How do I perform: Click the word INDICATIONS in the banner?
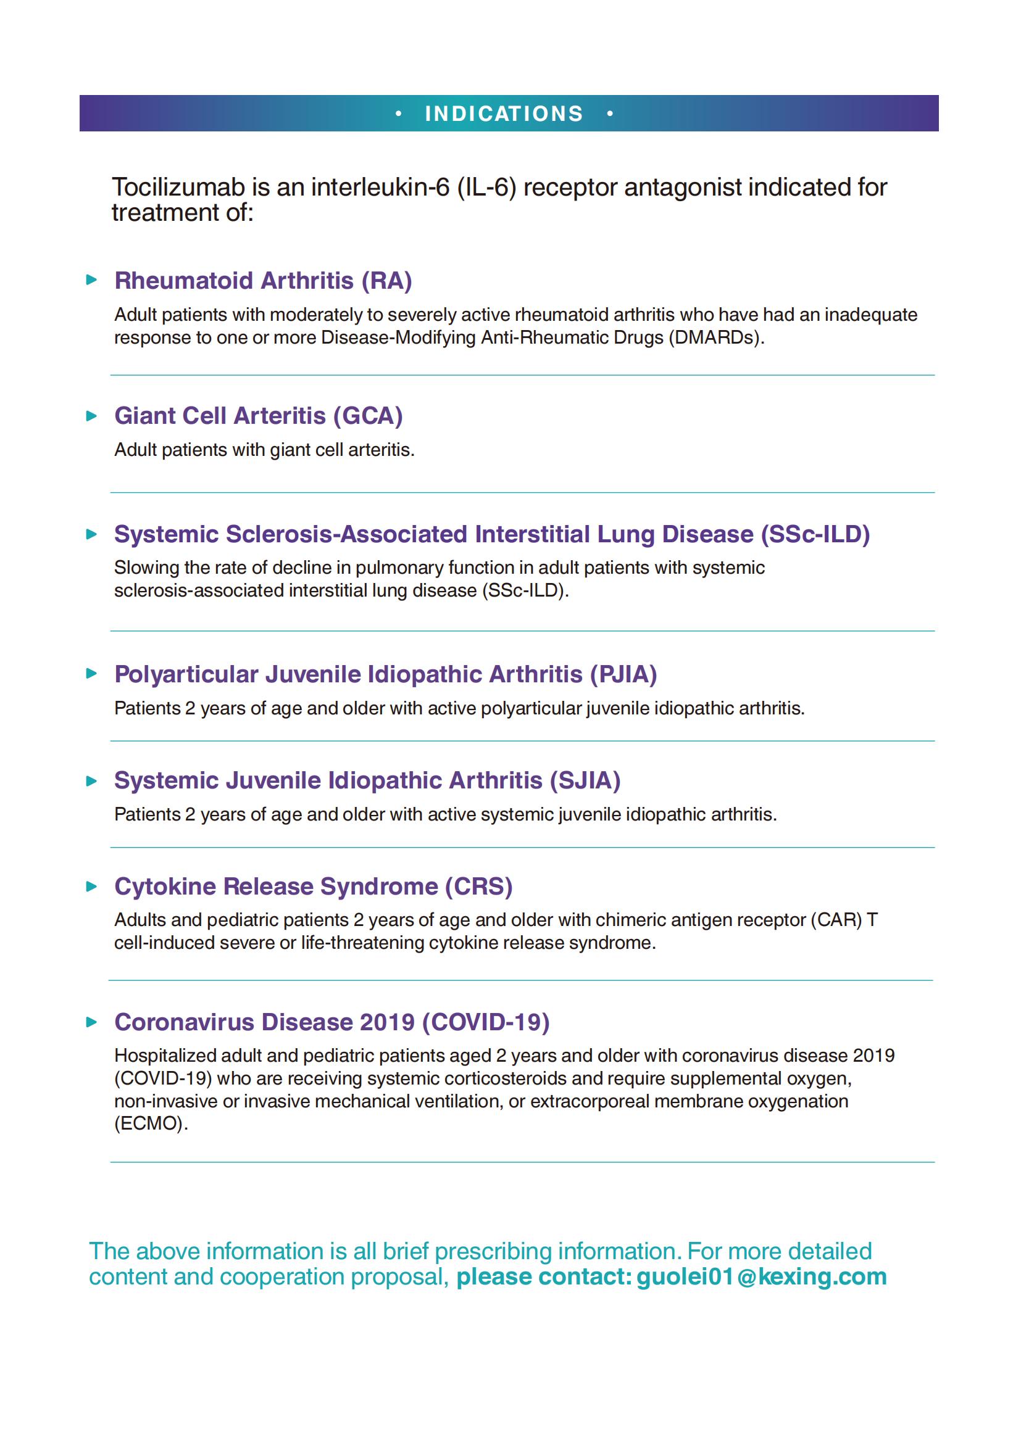click(x=504, y=114)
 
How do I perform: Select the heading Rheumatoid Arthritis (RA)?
click(x=263, y=280)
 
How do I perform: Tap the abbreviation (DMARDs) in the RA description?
click(x=716, y=337)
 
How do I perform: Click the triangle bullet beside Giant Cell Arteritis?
click(x=92, y=415)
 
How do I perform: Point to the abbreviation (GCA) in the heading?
click(x=368, y=415)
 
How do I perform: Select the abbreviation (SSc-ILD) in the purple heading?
click(x=815, y=534)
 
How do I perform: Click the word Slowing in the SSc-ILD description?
click(x=144, y=568)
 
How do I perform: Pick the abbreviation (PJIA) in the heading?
click(x=623, y=674)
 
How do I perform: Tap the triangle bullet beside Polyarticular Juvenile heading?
click(x=92, y=674)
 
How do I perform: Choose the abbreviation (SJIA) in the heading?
click(x=585, y=780)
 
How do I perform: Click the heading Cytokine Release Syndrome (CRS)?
click(x=313, y=886)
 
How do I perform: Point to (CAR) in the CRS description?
click(x=836, y=920)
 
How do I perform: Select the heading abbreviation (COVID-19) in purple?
click(x=485, y=1022)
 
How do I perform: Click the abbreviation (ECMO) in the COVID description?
click(x=151, y=1123)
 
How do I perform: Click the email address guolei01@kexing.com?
click(x=761, y=1276)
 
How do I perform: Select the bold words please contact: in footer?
click(x=543, y=1276)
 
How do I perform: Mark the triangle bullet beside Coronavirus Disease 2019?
click(x=92, y=1022)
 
